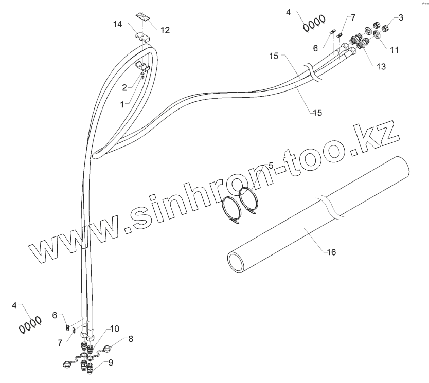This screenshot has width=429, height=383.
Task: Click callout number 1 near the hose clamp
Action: (x=122, y=104)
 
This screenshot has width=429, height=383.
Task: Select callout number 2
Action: (x=124, y=87)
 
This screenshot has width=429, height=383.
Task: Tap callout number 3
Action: (x=401, y=17)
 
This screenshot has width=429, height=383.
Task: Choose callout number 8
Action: (x=131, y=339)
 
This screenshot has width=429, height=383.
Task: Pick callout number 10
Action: (x=114, y=329)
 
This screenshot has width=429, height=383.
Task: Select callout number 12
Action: (x=165, y=30)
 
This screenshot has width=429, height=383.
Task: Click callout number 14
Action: (x=117, y=24)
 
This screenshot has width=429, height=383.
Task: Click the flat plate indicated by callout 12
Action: (x=145, y=17)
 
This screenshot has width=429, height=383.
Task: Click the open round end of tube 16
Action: (x=237, y=260)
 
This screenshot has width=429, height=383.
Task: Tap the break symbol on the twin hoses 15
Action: (x=311, y=72)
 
